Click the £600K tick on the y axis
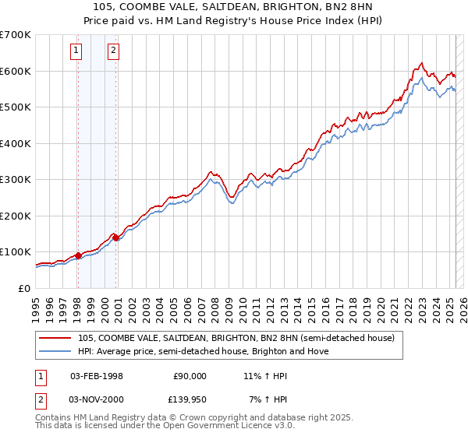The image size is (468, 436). point(16,71)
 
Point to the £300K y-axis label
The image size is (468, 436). point(16,180)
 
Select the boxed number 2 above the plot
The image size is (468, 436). point(114,51)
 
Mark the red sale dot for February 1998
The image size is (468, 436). point(78,255)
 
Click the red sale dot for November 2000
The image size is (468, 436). point(115,237)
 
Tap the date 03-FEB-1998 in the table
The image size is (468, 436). point(97,375)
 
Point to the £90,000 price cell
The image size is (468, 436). point(190,375)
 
